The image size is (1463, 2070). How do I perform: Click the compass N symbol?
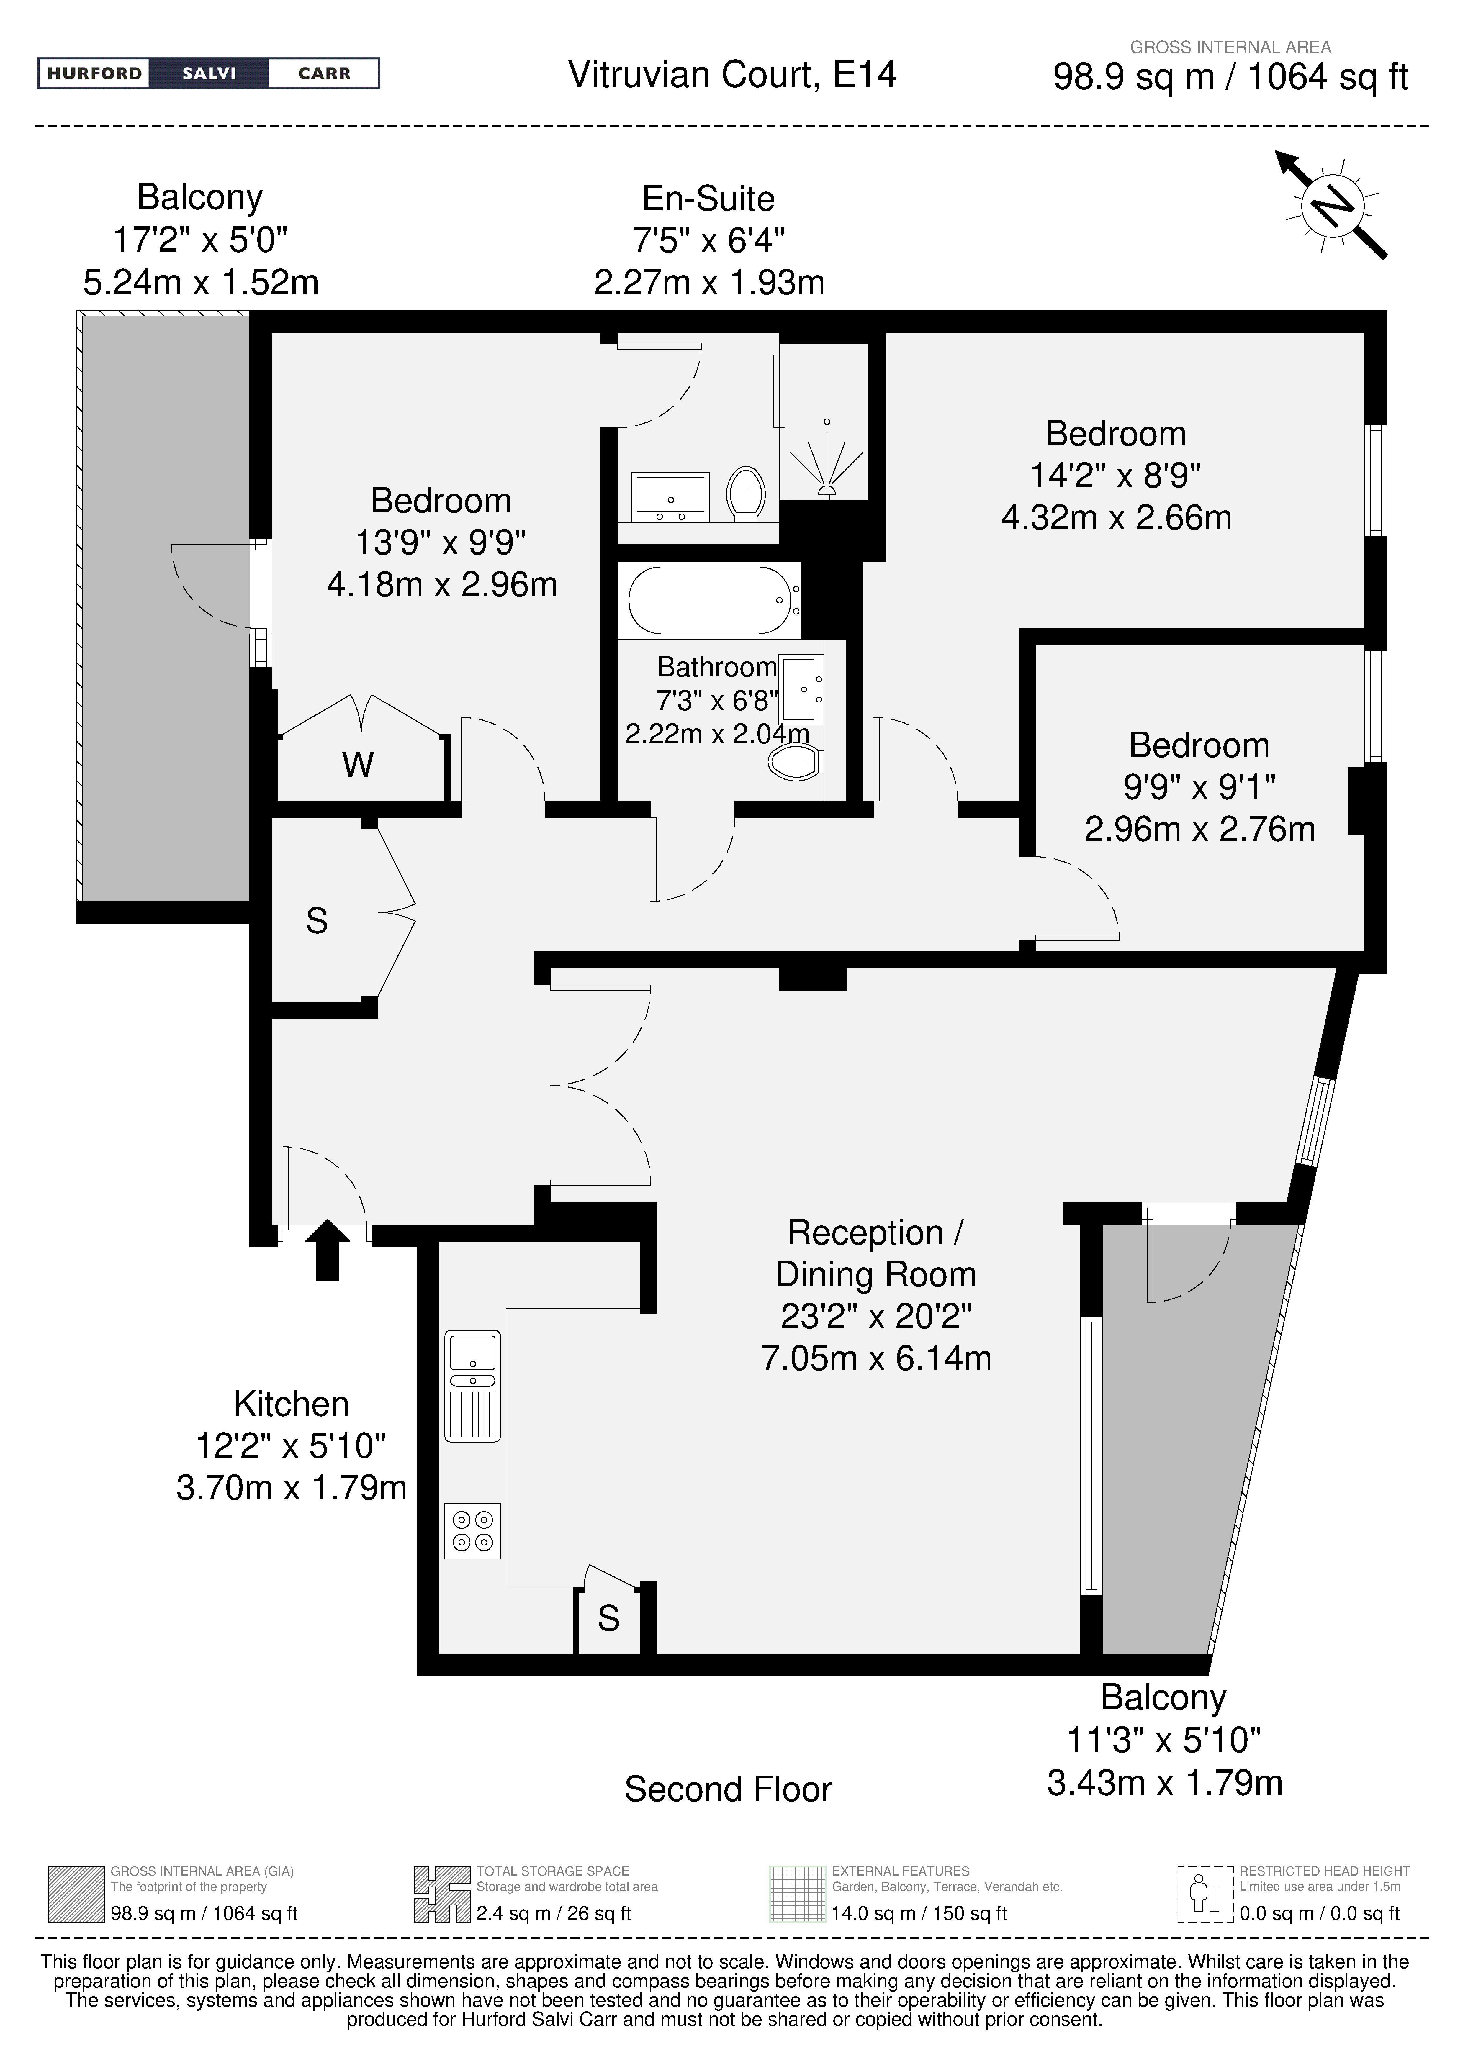(x=1332, y=206)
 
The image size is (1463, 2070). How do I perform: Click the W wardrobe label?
(x=358, y=766)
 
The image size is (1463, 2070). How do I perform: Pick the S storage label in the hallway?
(x=317, y=920)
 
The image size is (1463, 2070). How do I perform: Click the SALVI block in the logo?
(x=209, y=73)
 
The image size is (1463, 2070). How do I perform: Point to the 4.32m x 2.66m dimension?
(x=1116, y=517)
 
